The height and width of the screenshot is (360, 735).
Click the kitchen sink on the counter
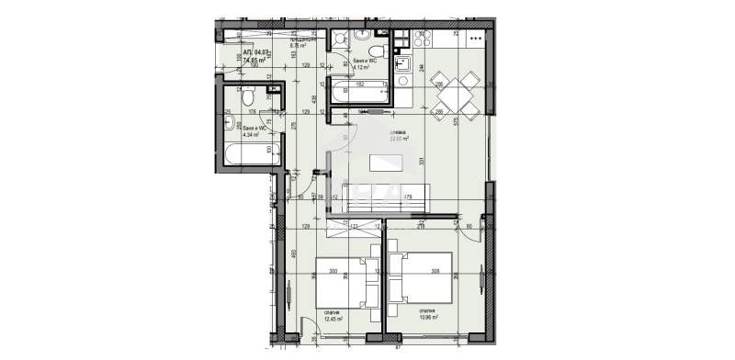pyautogui.click(x=401, y=65)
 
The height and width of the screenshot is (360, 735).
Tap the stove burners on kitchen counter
pyautogui.click(x=474, y=39)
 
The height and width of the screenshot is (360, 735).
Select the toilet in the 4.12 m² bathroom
pyautogui.click(x=375, y=49)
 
